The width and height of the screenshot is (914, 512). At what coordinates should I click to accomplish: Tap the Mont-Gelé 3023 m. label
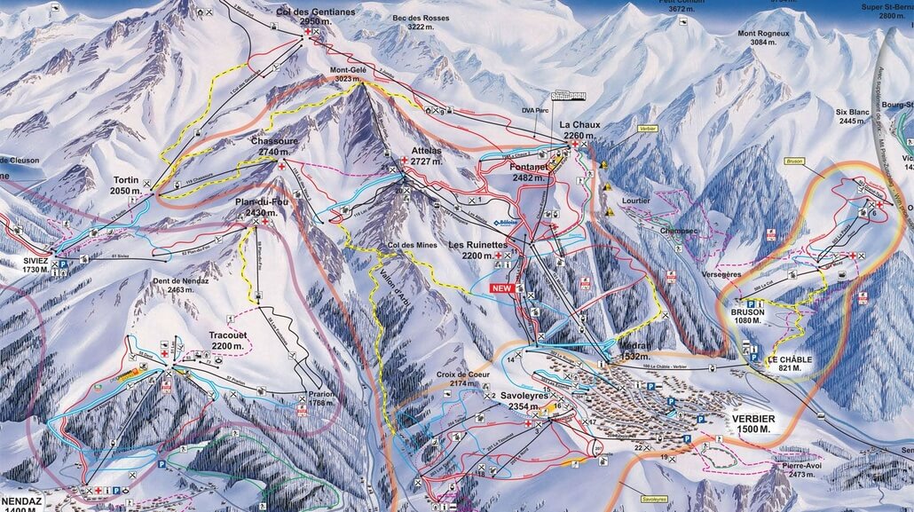click(x=349, y=74)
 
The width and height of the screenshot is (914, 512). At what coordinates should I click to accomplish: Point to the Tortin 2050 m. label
click(x=126, y=185)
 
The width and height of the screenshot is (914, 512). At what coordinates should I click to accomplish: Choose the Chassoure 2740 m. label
click(x=274, y=146)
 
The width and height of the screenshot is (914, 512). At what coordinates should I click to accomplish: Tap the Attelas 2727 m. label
click(x=427, y=156)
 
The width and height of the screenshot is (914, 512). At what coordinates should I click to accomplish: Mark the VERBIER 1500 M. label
click(x=757, y=422)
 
